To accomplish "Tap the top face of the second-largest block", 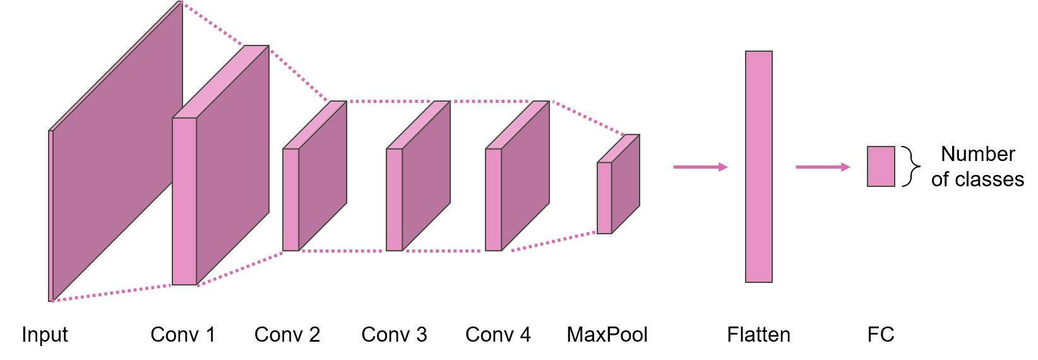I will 221,81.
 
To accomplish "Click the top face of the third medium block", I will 518,124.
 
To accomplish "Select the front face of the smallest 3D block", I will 604,198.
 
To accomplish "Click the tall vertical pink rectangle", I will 758,167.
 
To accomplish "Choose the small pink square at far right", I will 881,167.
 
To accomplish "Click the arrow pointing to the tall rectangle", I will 700,167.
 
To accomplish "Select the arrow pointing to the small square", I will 822,167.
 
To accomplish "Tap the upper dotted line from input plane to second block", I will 212,24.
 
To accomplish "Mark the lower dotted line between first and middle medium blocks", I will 341,251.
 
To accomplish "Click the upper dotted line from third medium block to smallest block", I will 587,117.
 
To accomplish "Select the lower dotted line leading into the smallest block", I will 552,242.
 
